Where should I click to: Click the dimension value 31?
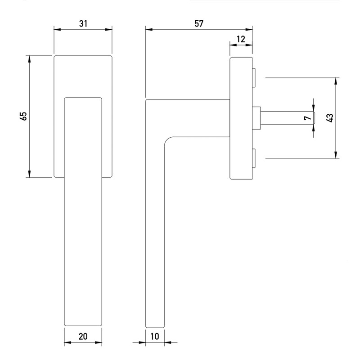tap(83, 23)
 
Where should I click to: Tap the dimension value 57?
tap(198, 23)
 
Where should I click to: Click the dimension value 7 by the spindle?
tap(307, 118)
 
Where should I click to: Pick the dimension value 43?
tap(330, 118)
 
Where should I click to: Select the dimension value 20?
tap(83, 337)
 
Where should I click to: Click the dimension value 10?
tap(155, 337)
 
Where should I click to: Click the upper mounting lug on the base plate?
tap(253, 77)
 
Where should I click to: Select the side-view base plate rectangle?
tap(241, 118)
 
